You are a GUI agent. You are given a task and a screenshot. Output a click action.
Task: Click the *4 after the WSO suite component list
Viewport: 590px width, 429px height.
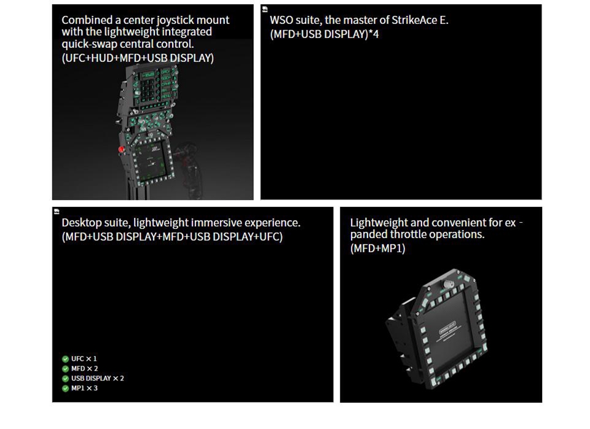coord(374,34)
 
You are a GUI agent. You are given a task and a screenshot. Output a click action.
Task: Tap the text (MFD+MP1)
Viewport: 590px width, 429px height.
coord(377,249)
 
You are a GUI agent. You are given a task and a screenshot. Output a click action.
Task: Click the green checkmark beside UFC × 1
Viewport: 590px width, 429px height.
coord(66,359)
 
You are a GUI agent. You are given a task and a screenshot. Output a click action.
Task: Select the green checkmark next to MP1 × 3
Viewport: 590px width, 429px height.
coord(66,388)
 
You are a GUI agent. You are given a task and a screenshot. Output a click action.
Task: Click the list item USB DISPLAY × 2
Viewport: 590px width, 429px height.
coord(98,378)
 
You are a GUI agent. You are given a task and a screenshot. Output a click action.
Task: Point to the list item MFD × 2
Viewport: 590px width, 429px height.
coord(84,368)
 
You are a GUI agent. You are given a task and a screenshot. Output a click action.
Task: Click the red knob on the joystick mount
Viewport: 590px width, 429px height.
coord(121,150)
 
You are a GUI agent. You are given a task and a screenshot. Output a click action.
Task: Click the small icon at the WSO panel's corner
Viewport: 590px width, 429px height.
coord(265,9)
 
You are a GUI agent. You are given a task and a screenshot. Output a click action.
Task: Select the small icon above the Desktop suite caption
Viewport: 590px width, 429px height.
coord(57,212)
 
